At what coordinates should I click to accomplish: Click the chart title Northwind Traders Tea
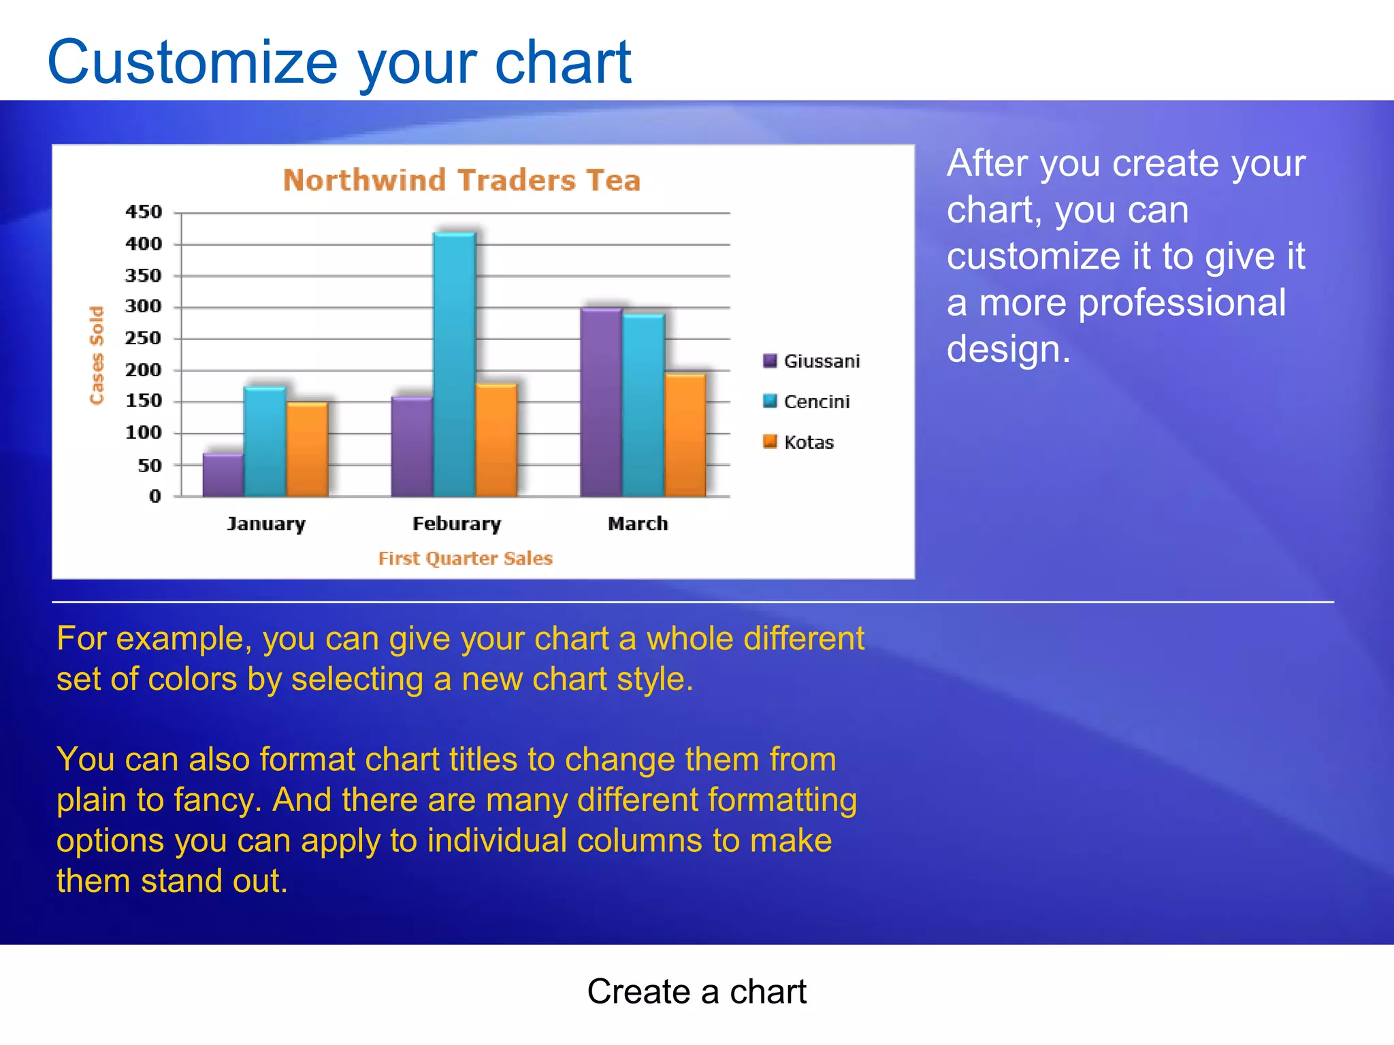[461, 180]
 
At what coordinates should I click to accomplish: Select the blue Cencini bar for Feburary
[454, 365]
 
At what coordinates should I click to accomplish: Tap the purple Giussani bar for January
[223, 475]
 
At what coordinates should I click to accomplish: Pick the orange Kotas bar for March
[685, 435]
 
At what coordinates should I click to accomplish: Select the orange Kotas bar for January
[307, 449]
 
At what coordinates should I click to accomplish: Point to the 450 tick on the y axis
[144, 212]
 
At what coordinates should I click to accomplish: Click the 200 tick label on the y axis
[144, 370]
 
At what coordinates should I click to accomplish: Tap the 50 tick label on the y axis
[150, 466]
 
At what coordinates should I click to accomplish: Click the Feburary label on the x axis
[457, 524]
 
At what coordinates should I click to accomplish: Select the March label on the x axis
[638, 524]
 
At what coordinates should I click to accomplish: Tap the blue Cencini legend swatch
[770, 401]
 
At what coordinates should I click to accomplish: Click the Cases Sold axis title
[97, 355]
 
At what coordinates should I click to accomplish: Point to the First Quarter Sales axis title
[465, 559]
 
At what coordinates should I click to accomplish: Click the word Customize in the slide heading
[192, 63]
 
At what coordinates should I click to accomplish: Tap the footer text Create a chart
[696, 991]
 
